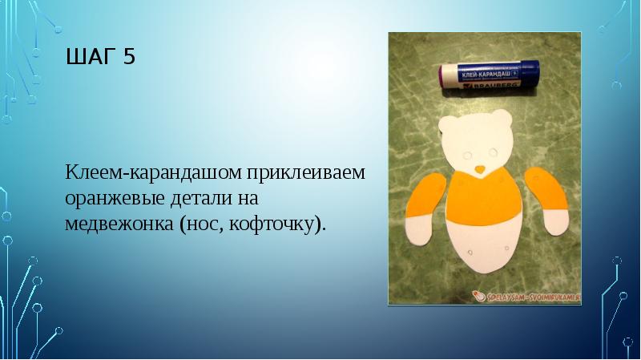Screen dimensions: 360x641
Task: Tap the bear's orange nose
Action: point(478,169)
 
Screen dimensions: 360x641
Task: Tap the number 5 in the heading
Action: point(129,58)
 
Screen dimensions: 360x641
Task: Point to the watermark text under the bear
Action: point(529,296)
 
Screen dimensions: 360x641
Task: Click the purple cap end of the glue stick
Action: point(444,78)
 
